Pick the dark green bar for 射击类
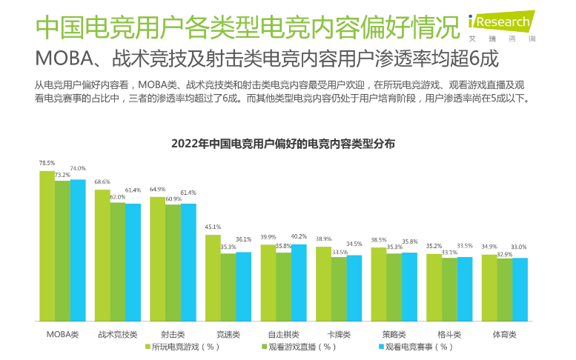[x=173, y=262]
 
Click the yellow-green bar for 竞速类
[x=213, y=278]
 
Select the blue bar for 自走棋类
[x=299, y=282]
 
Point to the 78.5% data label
[x=47, y=163]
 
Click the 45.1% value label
[x=213, y=227]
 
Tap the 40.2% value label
[x=299, y=236]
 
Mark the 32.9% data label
[x=505, y=254]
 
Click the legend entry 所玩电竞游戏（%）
[x=181, y=347]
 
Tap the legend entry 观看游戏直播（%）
[x=297, y=347]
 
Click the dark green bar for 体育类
[x=504, y=290]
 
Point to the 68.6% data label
[x=102, y=181]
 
